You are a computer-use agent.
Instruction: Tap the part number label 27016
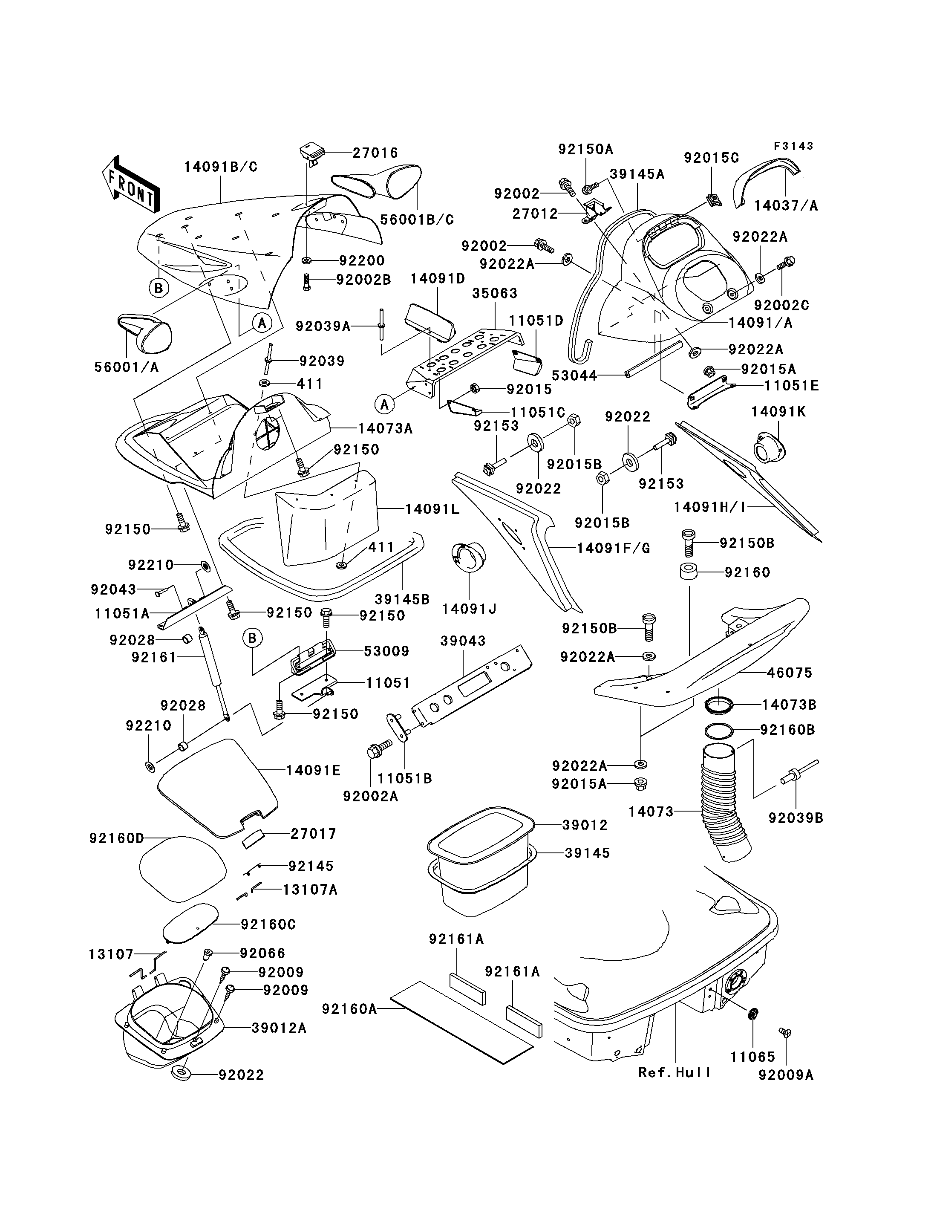pyautogui.click(x=376, y=153)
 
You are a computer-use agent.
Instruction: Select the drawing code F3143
pyautogui.click(x=793, y=146)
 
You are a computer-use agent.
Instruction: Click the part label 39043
pyautogui.click(x=463, y=641)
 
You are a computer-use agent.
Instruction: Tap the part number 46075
pyautogui.click(x=790, y=673)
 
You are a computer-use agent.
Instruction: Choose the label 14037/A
pyautogui.click(x=786, y=206)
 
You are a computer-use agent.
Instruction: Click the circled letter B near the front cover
pyautogui.click(x=159, y=288)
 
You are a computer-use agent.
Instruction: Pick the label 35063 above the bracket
pyautogui.click(x=494, y=293)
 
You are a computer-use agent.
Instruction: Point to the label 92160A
pyautogui.click(x=349, y=1008)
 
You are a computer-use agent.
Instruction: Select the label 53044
pyautogui.click(x=574, y=376)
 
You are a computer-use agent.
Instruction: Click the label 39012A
pyautogui.click(x=279, y=1028)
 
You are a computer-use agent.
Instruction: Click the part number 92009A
pyautogui.click(x=786, y=1075)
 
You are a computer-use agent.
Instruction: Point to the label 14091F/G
pyautogui.click(x=613, y=549)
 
